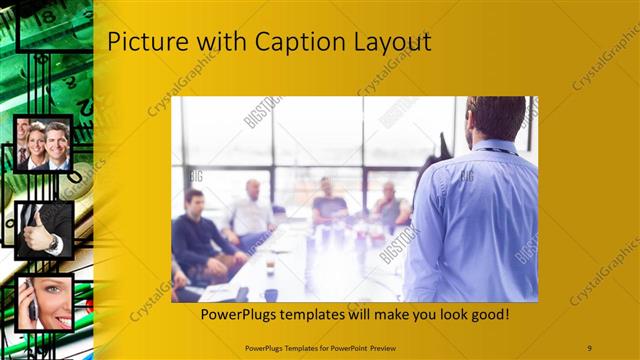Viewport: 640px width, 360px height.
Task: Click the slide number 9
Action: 589,347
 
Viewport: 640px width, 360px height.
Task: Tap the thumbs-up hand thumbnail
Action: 44,230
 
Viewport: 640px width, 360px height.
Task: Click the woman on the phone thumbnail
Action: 45,303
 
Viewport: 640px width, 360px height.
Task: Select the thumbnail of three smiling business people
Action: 43,144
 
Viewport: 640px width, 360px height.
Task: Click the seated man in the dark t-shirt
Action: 327,205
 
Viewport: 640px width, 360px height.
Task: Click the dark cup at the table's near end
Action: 271,294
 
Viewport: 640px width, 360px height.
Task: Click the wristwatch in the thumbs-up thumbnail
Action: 53,242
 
